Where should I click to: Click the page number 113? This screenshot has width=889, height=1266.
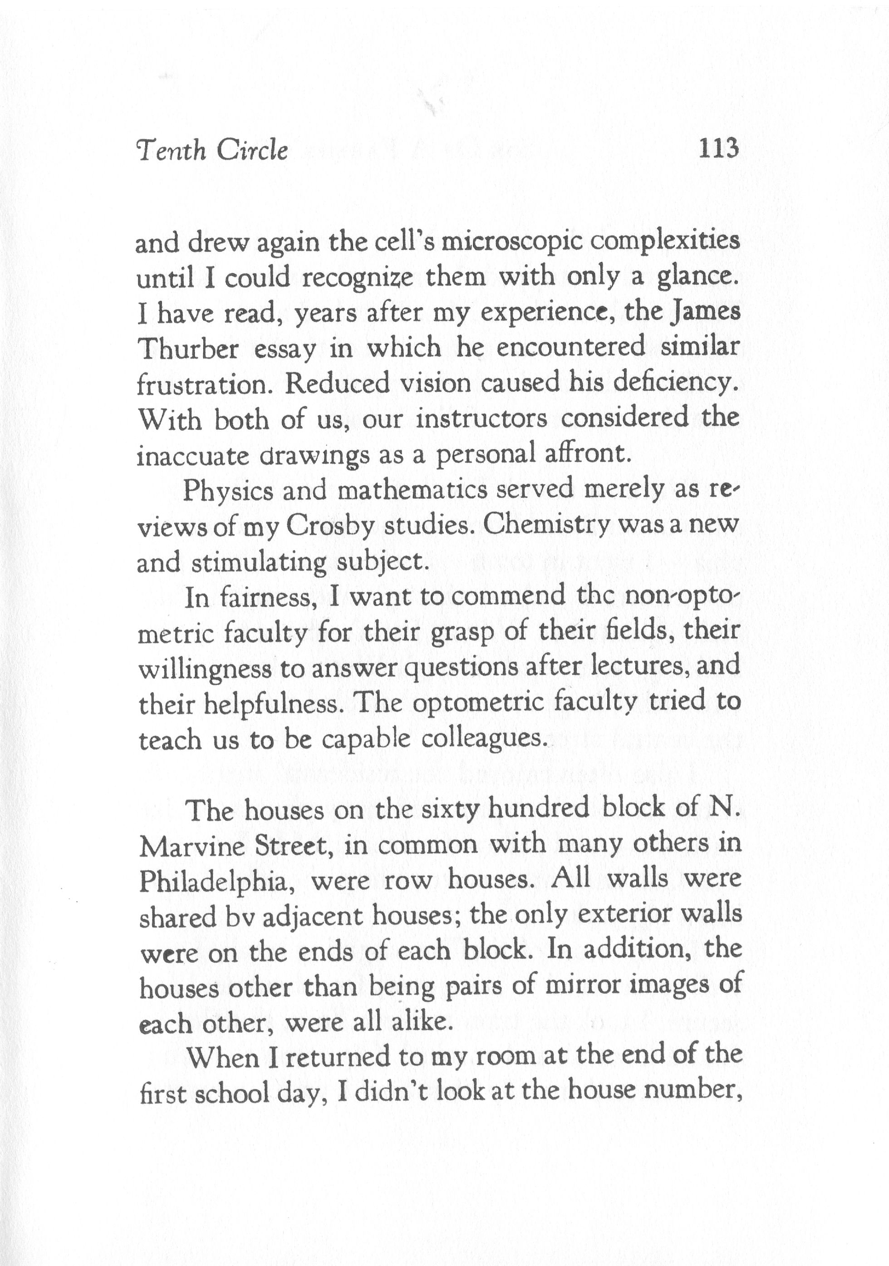tap(717, 148)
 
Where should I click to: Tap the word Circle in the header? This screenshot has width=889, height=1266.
tap(252, 151)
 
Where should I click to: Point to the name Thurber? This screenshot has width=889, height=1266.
tap(187, 349)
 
